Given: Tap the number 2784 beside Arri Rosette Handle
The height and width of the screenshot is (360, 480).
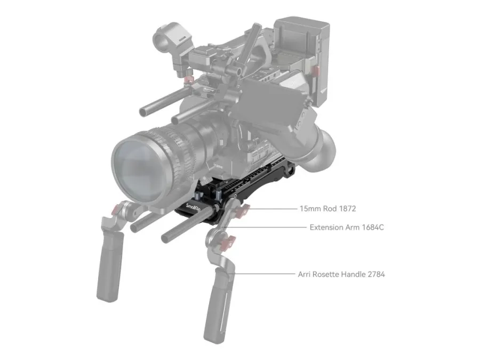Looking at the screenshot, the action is (376, 274).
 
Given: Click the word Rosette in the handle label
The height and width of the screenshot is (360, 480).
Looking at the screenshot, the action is (325, 274).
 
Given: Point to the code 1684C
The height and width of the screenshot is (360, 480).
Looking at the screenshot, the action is (373, 227).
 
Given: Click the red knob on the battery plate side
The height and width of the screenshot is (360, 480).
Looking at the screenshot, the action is (315, 70).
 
